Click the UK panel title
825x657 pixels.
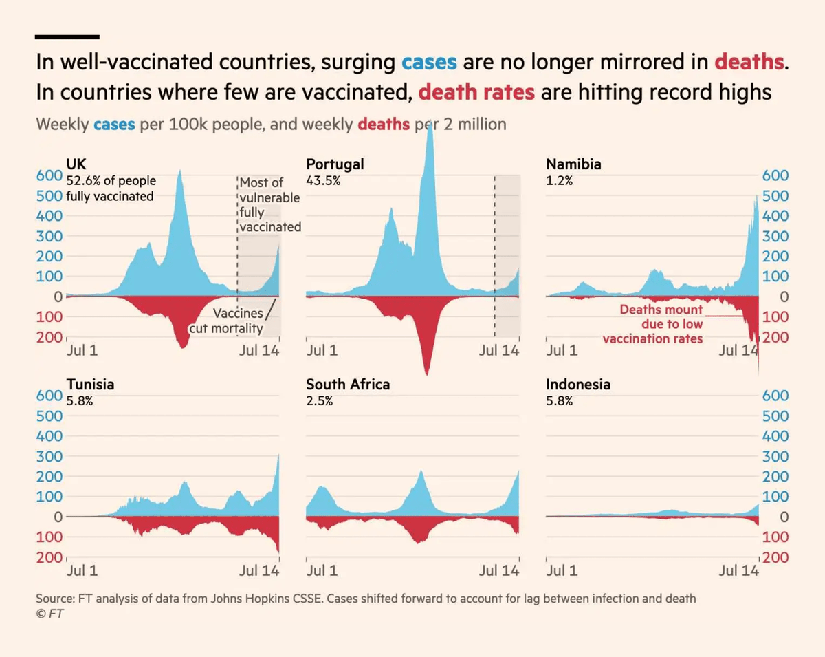[76, 164]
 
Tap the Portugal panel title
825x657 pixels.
[335, 164]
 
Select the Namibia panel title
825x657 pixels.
[573, 164]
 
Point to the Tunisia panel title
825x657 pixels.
[90, 385]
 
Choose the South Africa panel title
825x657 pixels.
[348, 385]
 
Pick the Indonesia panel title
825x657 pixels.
[577, 385]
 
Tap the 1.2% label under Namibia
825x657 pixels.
[560, 181]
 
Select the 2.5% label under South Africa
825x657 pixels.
[320, 401]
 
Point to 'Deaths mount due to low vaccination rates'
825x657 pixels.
[653, 324]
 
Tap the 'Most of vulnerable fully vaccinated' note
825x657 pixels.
[270, 204]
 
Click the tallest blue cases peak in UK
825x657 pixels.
[181, 172]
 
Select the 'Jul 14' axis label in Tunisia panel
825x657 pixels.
[258, 570]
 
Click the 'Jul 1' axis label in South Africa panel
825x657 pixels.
[322, 570]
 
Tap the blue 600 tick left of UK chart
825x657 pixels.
[49, 175]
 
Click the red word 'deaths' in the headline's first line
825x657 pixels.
[749, 62]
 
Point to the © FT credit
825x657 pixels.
[49, 614]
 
